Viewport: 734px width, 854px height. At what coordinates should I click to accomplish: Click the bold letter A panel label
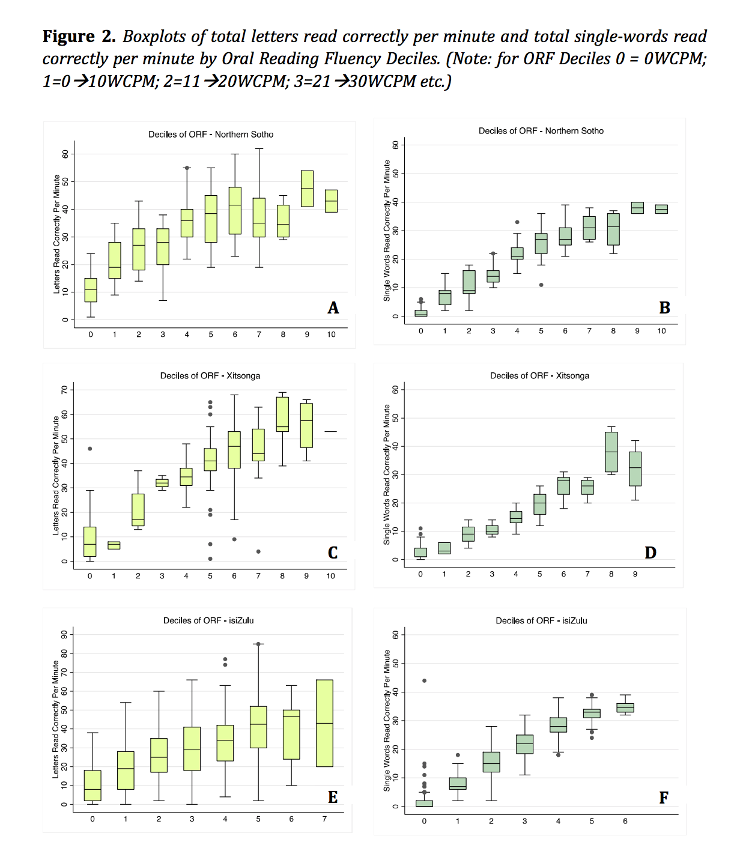point(333,308)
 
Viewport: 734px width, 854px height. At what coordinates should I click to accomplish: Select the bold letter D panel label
point(651,553)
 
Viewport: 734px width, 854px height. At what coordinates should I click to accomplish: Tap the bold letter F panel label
point(664,798)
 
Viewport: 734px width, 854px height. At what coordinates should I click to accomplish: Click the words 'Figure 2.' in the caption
point(79,37)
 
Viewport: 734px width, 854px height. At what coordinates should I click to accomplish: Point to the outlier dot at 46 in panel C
point(90,449)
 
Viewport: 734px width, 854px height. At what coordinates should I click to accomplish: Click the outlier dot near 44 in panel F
point(425,680)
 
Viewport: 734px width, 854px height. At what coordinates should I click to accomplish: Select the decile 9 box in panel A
point(307,189)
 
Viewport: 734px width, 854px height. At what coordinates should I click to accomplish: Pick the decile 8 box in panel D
point(611,452)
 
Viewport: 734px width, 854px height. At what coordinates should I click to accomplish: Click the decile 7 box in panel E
point(324,723)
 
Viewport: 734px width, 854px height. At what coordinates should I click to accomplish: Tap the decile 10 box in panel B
point(661,209)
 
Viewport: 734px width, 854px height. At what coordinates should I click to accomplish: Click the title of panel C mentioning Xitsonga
point(210,376)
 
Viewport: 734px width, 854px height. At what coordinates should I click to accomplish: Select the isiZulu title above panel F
point(541,621)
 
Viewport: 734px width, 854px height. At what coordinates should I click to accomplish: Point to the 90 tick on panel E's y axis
point(64,634)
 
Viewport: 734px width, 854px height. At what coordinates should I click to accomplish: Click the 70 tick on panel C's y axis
point(64,390)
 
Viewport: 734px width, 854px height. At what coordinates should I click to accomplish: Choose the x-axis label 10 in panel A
point(331,335)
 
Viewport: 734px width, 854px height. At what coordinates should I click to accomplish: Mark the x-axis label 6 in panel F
point(625,821)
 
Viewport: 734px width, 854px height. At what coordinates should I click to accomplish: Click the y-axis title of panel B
point(387,231)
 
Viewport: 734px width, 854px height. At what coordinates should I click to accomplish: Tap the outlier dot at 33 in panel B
point(517,222)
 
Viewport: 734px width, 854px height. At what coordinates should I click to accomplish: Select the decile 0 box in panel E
point(93,786)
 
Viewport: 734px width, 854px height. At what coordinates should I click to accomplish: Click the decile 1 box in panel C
point(114,545)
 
